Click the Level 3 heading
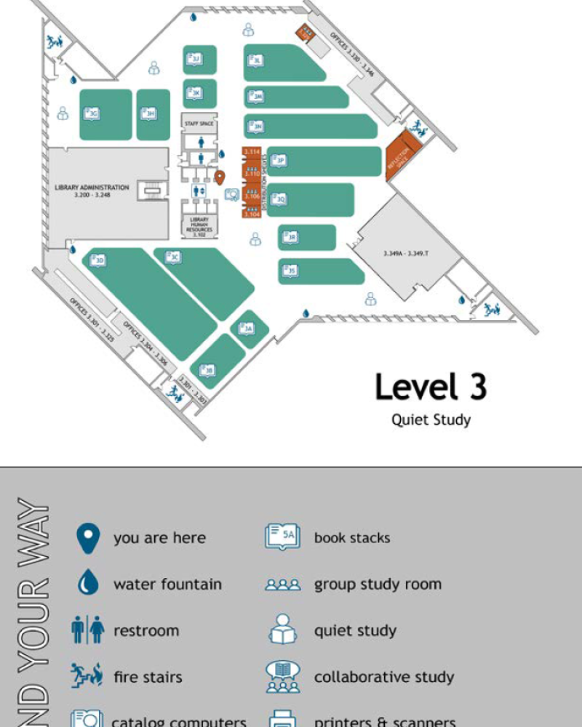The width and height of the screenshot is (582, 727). pos(431,387)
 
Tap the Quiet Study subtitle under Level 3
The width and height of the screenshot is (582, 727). pos(431,419)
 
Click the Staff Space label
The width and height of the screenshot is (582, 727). pos(199,124)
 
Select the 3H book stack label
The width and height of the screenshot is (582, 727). pos(148,113)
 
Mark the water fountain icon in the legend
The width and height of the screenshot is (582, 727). pos(88,584)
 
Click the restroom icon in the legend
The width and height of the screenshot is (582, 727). pos(88,630)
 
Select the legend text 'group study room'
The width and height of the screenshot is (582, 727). pos(378,584)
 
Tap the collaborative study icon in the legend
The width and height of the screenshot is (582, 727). pos(282,677)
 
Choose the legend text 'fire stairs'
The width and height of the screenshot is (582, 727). pos(148,677)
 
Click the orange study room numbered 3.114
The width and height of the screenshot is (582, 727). pos(252,152)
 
